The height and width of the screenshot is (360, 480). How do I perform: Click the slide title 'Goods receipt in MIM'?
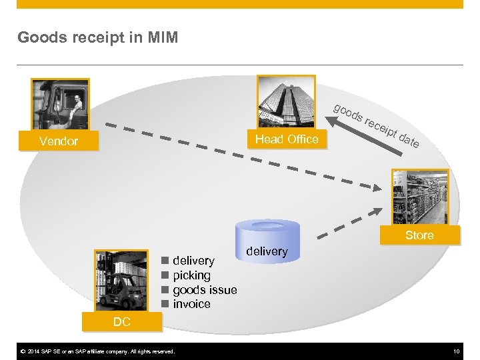pos(98,37)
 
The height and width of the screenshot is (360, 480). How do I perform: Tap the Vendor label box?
pos(59,141)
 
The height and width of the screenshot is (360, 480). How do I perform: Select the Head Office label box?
pos(287,139)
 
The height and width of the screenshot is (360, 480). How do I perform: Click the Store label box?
pos(419,235)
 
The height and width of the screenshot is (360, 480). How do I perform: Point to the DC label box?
pos(121,323)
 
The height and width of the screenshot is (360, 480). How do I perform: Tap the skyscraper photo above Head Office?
pos(287,102)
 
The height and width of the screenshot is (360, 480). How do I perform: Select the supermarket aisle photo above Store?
pos(420,198)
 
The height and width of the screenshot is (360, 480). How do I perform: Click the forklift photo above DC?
pos(121,281)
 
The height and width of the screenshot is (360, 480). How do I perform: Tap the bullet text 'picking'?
pos(191,275)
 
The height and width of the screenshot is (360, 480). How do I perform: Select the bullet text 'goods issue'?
pos(205,290)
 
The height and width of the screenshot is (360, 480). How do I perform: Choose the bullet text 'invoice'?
pos(191,305)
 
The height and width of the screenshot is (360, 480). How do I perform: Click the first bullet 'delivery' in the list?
pos(193,261)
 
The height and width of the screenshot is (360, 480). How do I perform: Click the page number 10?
pos(457,351)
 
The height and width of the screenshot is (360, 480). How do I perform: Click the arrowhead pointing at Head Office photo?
pos(329,120)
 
